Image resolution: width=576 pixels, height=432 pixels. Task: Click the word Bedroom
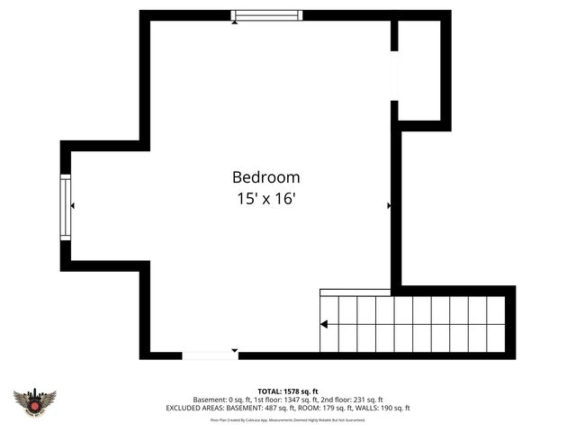(x=265, y=177)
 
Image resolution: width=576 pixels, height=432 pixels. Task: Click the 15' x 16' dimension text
(x=265, y=199)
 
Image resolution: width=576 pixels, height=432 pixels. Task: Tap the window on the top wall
(x=267, y=15)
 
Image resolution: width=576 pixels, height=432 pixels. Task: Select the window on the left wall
(x=65, y=206)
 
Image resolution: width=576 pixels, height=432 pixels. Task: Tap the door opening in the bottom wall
(x=211, y=355)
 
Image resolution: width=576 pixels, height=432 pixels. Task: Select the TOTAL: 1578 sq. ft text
(x=288, y=391)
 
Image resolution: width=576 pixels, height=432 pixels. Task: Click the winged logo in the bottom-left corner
(x=35, y=401)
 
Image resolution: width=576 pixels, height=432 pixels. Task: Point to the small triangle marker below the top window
(x=235, y=22)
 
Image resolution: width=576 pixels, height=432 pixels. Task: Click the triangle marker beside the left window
(x=72, y=206)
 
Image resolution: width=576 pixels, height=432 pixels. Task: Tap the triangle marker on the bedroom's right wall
(x=389, y=206)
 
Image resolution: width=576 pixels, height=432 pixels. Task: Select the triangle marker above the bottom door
(x=235, y=349)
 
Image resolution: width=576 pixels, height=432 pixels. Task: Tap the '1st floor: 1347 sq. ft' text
(x=279, y=400)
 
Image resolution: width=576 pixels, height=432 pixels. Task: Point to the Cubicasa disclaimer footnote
(x=288, y=419)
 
